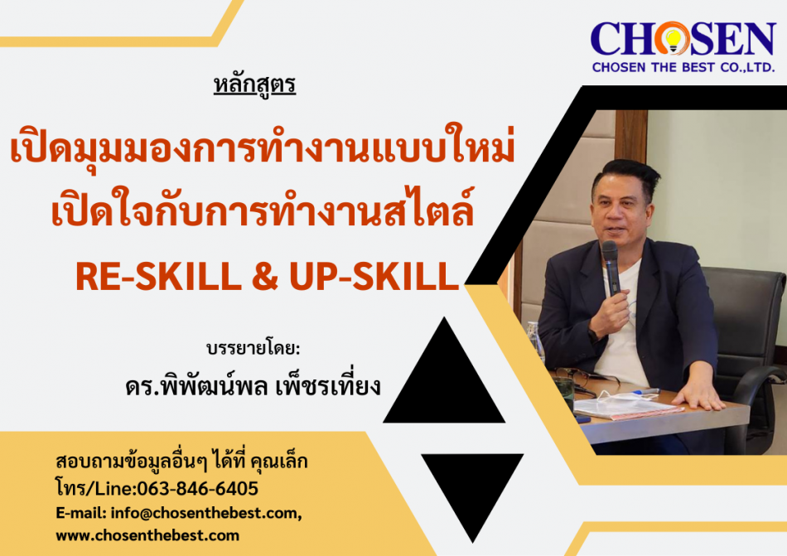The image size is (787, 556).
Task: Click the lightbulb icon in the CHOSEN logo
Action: pos(673,39)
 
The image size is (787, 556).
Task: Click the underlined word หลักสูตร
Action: pos(254,85)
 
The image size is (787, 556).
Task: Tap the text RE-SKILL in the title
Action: pos(158,277)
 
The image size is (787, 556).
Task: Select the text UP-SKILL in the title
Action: pos(374,277)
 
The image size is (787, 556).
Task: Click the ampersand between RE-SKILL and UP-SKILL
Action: pos(265,277)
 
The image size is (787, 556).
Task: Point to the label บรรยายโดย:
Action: pos(253,348)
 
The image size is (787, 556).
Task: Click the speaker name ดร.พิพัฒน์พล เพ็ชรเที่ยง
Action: pos(253,386)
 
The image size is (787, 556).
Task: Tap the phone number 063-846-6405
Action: pos(198,488)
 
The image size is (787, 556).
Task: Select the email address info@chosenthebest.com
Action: pos(205,513)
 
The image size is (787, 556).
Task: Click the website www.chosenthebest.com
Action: pos(147,535)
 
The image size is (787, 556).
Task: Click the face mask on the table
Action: pos(626,404)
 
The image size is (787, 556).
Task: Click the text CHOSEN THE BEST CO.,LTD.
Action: pos(683,67)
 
